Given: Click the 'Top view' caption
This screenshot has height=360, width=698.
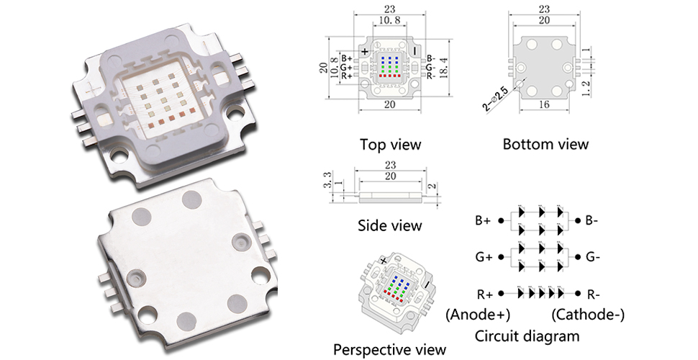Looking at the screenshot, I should pos(390,144).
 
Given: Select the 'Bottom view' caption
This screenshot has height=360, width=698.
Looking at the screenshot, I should pos(545,144).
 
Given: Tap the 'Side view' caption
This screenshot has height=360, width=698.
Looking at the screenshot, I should pos(389,225).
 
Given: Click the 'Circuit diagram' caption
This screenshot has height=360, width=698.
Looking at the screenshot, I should pos(527,336).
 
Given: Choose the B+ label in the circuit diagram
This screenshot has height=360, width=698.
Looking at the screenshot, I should pos(484,220).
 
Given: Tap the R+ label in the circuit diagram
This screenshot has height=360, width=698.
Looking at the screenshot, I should pos(484,294).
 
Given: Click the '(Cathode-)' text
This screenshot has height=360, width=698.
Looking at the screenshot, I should pos(587,314).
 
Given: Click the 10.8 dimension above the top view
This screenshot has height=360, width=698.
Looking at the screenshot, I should pos(390,21).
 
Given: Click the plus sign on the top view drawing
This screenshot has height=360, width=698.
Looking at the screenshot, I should pos(366,51).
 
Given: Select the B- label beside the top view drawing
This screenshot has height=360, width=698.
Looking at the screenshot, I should pos(430,59).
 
